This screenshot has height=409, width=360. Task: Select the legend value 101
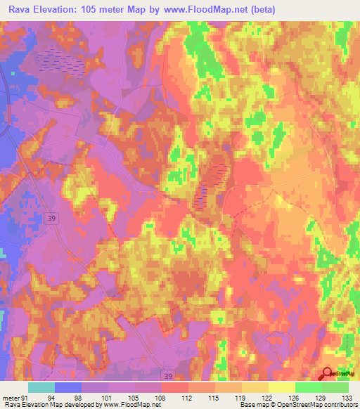coord(105,397)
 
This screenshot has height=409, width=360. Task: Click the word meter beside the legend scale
coord(10,397)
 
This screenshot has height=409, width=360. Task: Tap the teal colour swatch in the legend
coord(41,387)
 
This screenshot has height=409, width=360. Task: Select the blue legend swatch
coord(68,387)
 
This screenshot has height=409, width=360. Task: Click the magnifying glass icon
coord(327,375)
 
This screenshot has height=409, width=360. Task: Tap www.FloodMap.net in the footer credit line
coord(129,405)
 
